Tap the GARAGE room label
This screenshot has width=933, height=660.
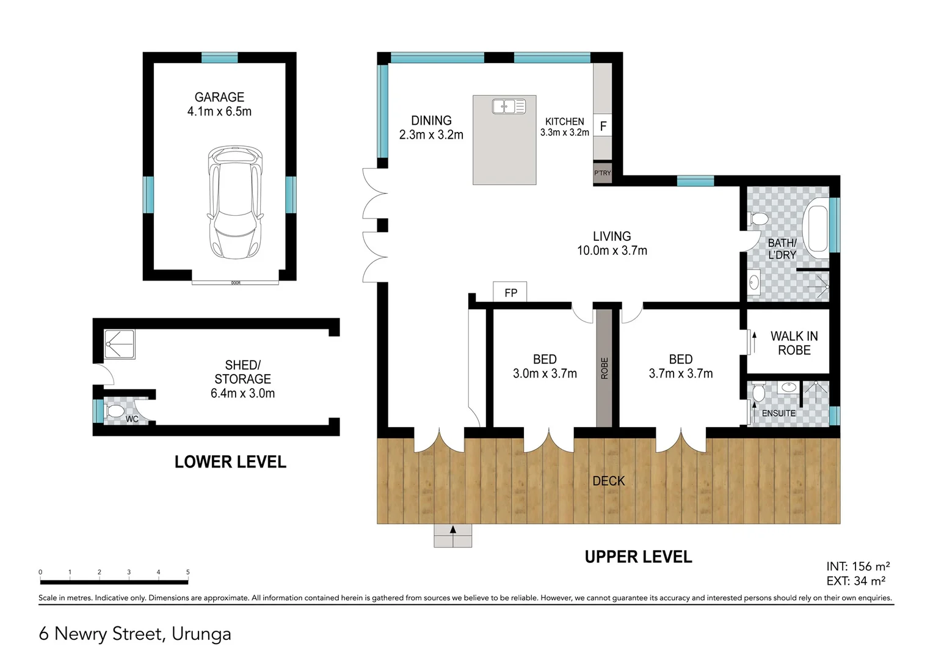pos(219,97)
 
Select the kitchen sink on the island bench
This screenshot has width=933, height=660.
pos(509,107)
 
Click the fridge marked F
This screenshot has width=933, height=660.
pos(603,127)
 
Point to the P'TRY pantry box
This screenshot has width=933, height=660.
pos(602,173)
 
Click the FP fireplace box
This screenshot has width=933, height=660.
pos(510,293)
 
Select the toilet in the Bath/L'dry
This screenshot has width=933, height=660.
pos(758,219)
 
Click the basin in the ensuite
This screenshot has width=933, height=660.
pos(789,387)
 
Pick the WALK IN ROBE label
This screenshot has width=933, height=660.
pos(794,343)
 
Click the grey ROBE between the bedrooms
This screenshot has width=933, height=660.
pos(604,368)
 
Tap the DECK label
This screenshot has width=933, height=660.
pos(608,481)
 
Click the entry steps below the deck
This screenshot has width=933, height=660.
pos(452,535)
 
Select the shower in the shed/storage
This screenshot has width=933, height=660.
pos(119,344)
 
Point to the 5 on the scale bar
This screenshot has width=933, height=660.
pos(187,572)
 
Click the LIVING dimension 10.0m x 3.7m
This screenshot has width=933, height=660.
pos(612,251)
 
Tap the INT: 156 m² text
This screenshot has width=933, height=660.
pos(857,566)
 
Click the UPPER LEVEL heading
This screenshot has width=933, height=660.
pos(638,557)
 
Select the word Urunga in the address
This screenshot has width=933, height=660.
pos(201,634)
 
